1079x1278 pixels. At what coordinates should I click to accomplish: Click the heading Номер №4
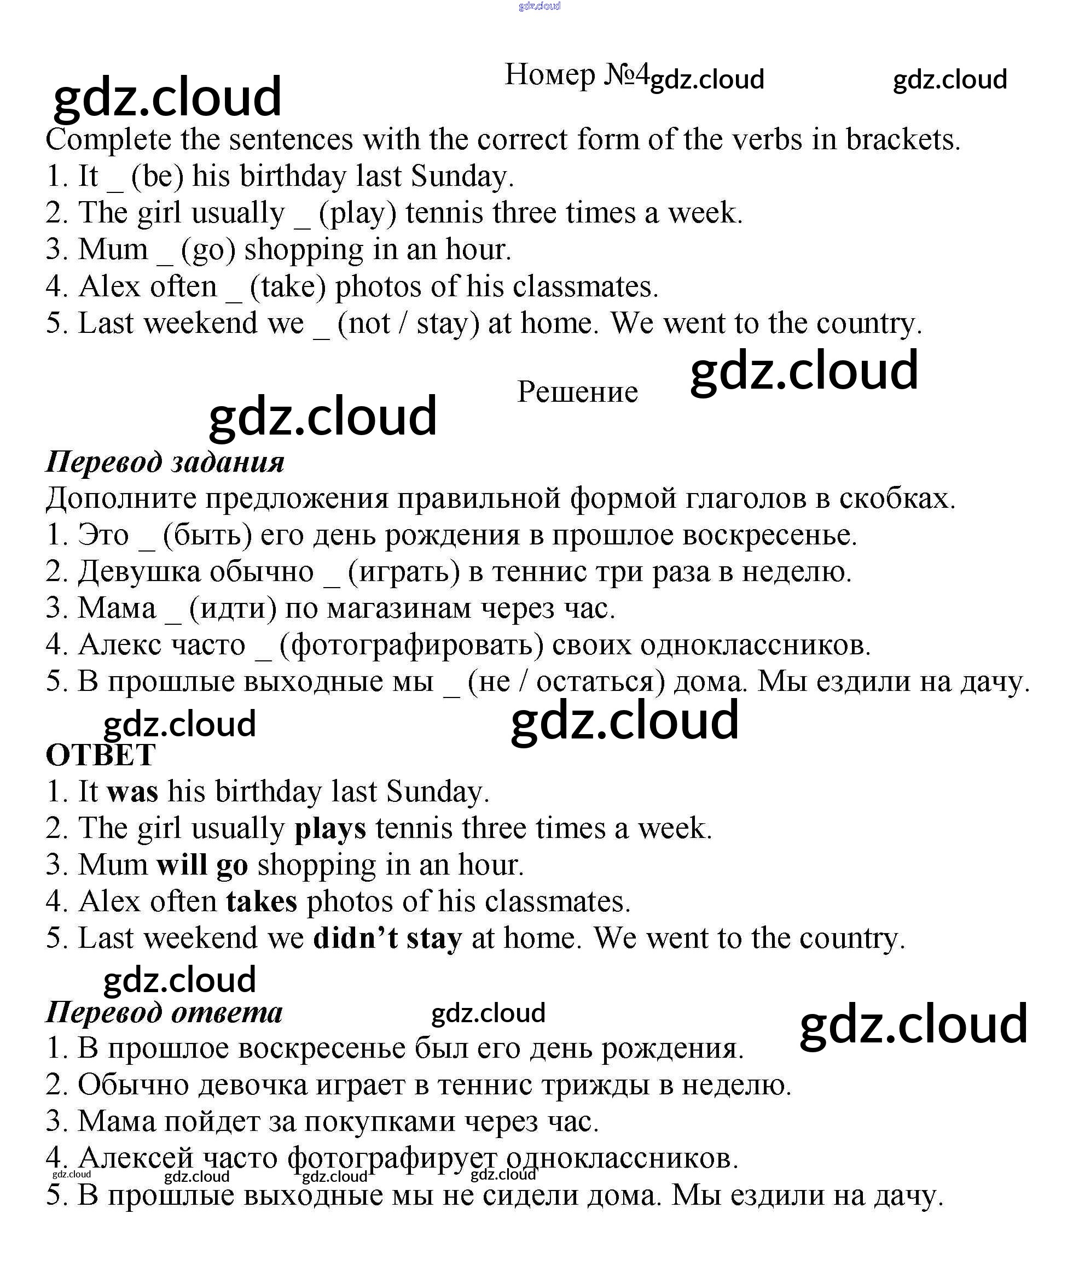[576, 75]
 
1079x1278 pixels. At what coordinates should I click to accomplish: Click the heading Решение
[577, 392]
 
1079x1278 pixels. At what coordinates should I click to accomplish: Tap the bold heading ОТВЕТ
[101, 755]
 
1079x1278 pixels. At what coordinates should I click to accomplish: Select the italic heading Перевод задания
[165, 461]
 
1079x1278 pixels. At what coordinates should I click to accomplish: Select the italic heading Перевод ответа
[165, 1012]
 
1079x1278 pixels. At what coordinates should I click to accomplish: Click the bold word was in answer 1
[133, 792]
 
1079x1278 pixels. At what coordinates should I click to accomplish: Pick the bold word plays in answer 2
[330, 829]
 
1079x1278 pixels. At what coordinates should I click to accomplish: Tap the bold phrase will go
[202, 865]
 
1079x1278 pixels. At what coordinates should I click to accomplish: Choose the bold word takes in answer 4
[262, 902]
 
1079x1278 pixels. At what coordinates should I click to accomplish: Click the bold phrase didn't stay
[388, 939]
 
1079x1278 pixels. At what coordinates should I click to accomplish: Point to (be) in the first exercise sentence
[158, 177]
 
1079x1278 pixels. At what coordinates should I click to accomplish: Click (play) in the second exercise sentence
[358, 213]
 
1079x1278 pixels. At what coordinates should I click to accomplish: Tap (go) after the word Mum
[208, 250]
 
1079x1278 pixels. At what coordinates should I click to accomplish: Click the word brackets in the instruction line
[903, 140]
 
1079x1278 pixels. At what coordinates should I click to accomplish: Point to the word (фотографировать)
[411, 645]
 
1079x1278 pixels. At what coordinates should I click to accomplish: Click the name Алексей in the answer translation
[136, 1158]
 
